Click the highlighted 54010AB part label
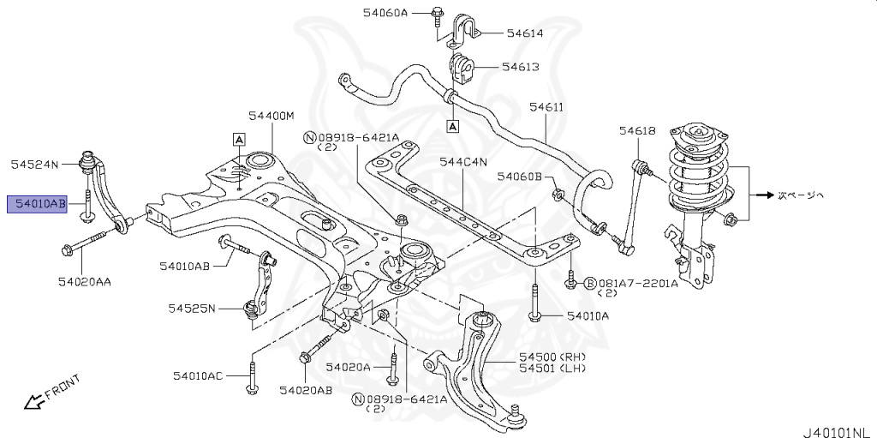coord(37,204)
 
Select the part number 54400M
coord(271,115)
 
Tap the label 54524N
coord(34,163)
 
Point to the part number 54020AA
coord(85,280)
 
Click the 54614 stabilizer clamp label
coord(524,33)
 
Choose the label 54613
coord(520,66)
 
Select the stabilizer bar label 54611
coord(546,107)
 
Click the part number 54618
coord(637,130)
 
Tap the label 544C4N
coord(463,160)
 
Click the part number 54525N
coord(192,308)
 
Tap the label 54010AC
coord(197,375)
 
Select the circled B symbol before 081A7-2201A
coord(589,283)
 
